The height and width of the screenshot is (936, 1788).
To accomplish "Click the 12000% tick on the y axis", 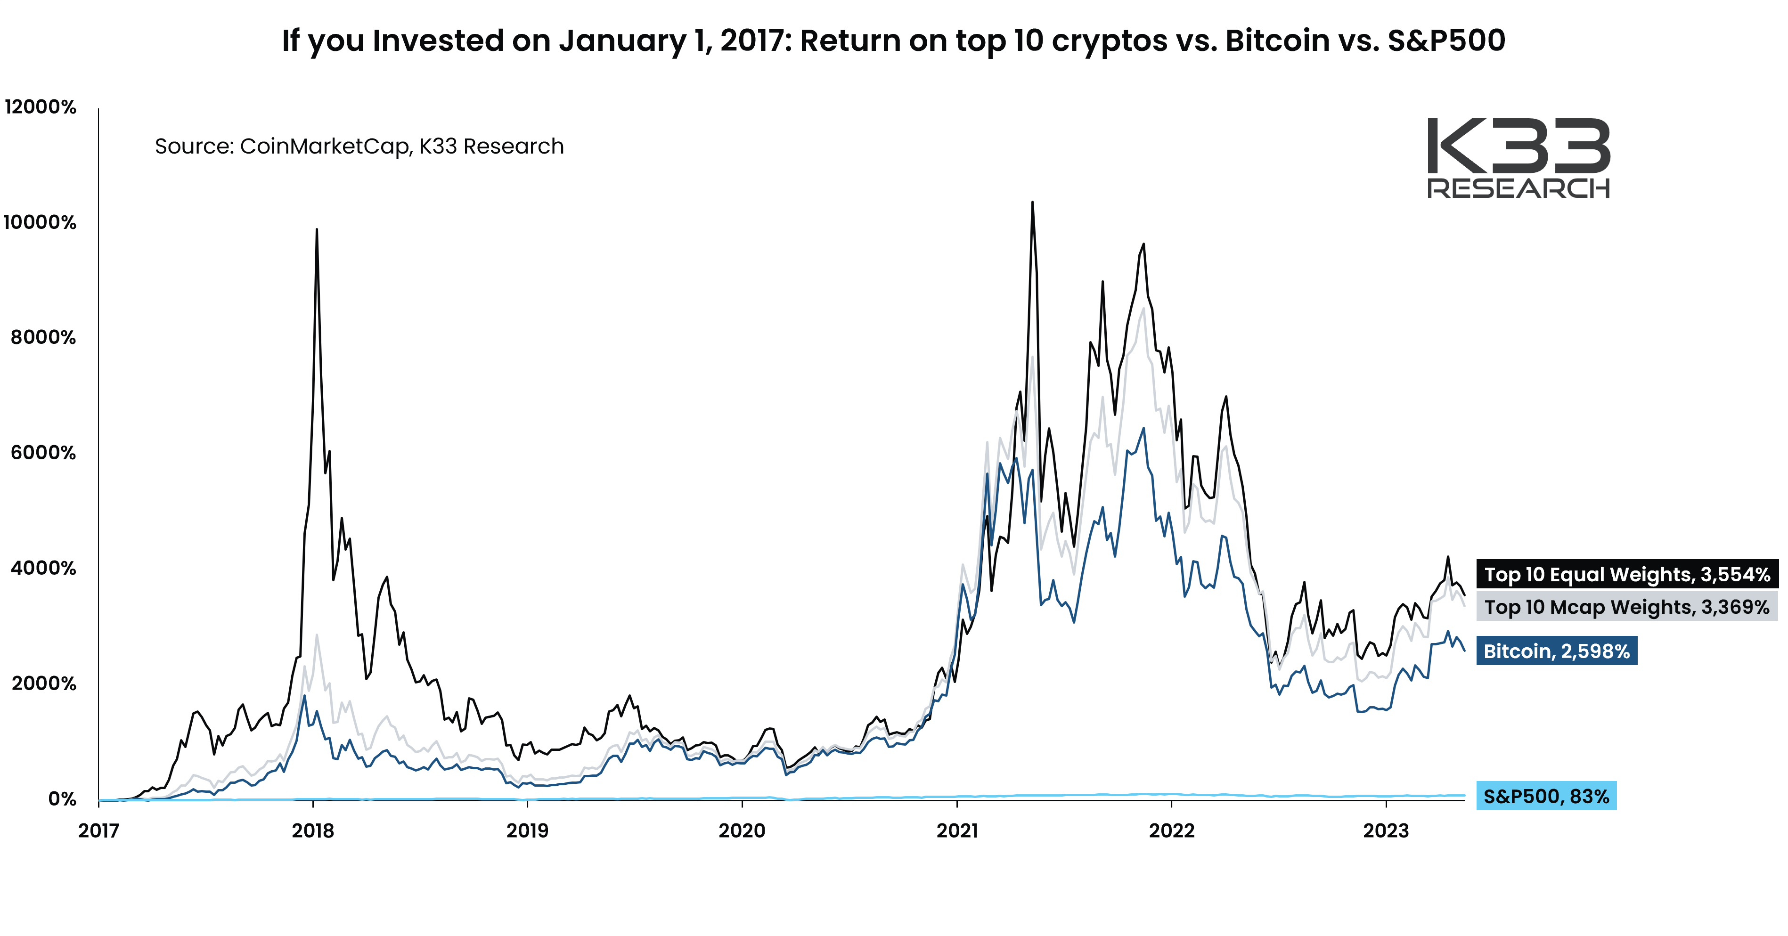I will (x=40, y=107).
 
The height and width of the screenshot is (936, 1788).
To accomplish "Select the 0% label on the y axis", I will (x=63, y=798).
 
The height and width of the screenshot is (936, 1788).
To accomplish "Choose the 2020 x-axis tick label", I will (x=742, y=830).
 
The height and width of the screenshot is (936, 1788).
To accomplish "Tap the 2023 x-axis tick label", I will (x=1386, y=830).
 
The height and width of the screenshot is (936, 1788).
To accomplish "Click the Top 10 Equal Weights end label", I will (x=1627, y=575).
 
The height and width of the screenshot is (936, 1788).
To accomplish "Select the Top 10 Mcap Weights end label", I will (x=1627, y=607).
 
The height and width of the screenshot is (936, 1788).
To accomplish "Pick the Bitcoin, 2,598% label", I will (x=1556, y=651).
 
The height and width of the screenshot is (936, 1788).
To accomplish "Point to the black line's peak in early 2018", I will (x=317, y=230).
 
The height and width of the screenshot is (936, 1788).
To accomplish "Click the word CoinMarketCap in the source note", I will (x=325, y=147).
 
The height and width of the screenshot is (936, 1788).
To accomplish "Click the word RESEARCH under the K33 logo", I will (x=1518, y=188).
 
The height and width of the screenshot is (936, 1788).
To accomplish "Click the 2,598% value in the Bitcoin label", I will (x=1595, y=651).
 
